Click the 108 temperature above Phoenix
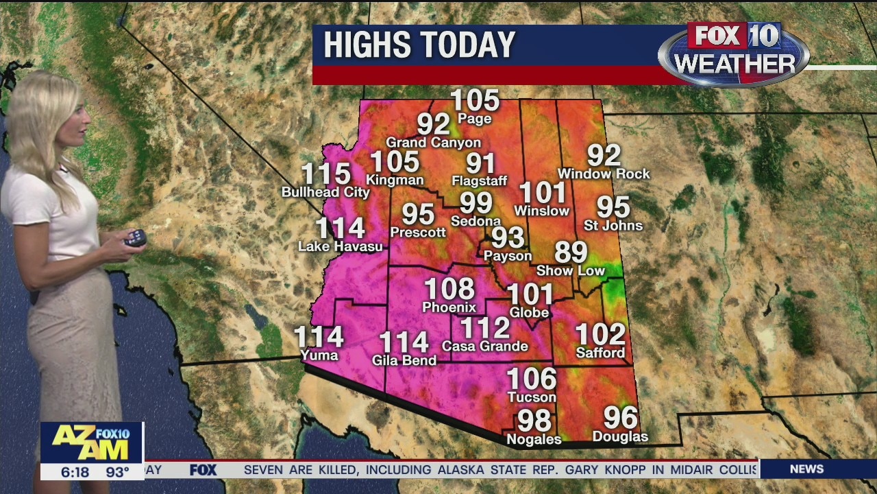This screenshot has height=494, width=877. [449, 289]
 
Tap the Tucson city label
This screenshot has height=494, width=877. [532, 397]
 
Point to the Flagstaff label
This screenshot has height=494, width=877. [480, 181]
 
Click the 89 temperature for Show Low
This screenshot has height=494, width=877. [571, 252]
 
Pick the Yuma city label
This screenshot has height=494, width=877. [319, 355]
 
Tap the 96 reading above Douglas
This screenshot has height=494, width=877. [620, 417]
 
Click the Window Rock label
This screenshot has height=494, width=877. [604, 174]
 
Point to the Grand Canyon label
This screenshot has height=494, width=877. [433, 143]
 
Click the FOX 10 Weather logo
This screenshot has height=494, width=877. [734, 54]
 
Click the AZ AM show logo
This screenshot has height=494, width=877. [91, 442]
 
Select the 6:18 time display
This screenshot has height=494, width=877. [75, 472]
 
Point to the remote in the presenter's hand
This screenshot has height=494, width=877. [135, 238]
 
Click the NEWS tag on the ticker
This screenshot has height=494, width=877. [806, 469]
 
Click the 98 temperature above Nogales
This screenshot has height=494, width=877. [534, 420]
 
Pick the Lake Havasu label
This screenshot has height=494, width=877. [341, 246]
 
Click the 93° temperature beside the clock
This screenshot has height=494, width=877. [117, 472]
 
